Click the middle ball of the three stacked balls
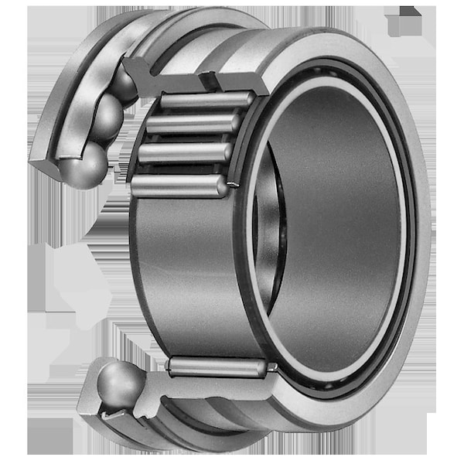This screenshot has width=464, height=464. (x=106, y=118)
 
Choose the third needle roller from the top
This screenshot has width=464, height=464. (x=186, y=152)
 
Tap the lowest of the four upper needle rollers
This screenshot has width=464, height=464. (x=179, y=186)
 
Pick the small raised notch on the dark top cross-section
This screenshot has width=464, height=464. (x=207, y=77)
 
